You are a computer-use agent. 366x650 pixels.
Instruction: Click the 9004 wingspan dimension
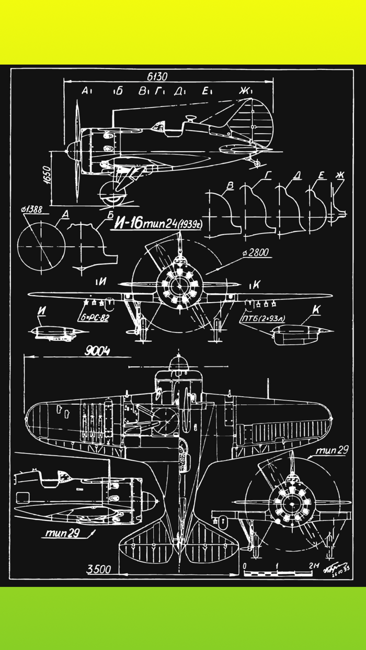(97, 352)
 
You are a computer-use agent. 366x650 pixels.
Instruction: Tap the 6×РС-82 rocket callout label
(95, 317)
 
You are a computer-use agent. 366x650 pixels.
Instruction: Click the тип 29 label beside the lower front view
(331, 450)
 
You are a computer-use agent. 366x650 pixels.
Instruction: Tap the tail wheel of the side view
(257, 164)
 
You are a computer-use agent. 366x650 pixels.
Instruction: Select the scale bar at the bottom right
(278, 573)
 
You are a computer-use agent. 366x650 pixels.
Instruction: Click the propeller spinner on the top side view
(70, 150)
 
